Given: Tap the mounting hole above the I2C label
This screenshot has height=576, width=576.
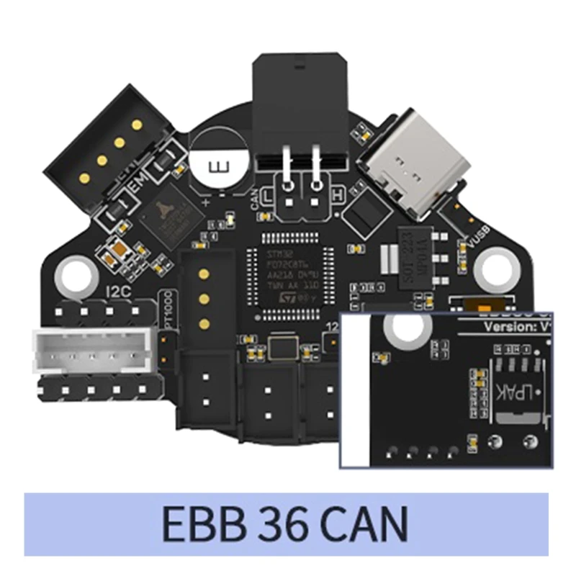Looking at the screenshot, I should pos(72,273).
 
